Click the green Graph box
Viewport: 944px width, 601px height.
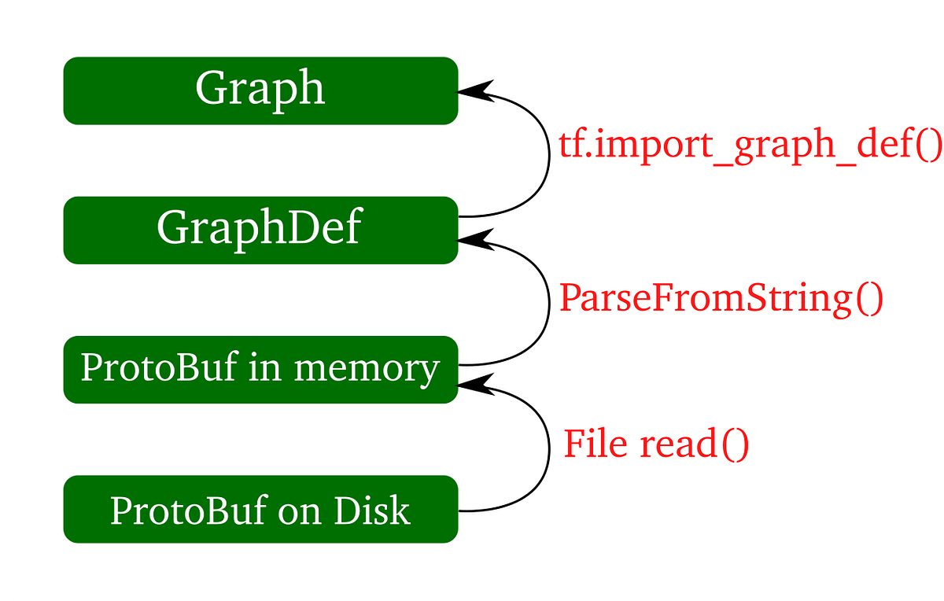coord(260,90)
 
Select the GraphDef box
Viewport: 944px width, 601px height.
coord(260,229)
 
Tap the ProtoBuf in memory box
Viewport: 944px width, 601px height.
coord(260,368)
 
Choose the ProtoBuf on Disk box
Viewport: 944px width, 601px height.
coord(260,509)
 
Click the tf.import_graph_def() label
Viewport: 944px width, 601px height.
coord(749,146)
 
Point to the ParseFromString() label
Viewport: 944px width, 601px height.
coord(721,299)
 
